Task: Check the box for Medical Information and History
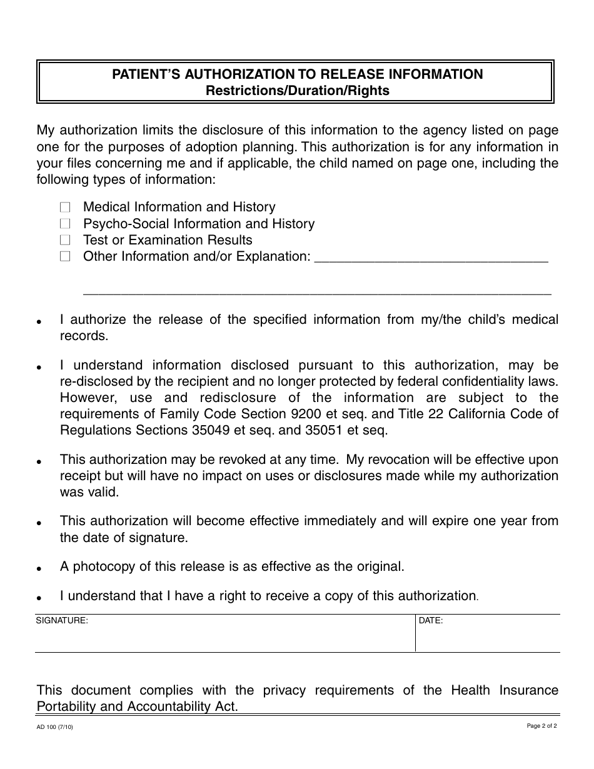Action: point(66,207)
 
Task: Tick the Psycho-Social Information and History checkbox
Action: point(66,224)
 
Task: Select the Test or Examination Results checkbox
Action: point(66,240)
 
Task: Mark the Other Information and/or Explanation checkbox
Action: point(66,256)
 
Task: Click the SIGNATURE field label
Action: point(62,621)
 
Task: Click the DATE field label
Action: point(431,621)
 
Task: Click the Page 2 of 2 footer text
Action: point(541,726)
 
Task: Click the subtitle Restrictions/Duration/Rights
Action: point(298,91)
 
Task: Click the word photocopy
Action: point(103,566)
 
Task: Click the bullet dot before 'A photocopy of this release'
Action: point(39,570)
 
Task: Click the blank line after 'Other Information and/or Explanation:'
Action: point(431,259)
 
